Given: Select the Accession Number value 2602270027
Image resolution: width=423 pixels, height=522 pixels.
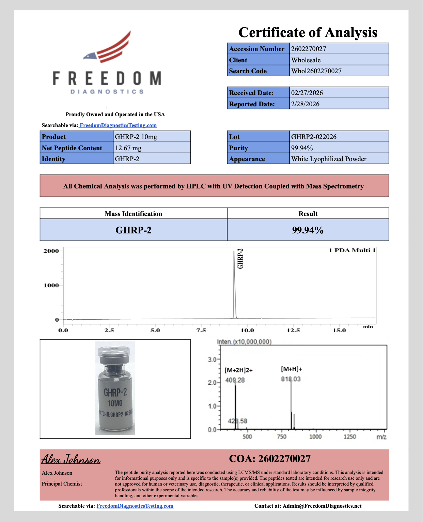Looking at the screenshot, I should [309, 49].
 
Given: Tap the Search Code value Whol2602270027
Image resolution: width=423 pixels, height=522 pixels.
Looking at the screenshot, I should [316, 71].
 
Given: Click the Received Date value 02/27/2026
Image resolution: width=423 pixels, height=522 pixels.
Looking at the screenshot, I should [307, 93].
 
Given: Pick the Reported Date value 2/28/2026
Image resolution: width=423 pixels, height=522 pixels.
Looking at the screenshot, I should [305, 104].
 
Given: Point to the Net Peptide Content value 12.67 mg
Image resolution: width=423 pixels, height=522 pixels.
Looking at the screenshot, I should [128, 148].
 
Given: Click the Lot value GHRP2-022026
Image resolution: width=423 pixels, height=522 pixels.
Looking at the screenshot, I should [314, 137].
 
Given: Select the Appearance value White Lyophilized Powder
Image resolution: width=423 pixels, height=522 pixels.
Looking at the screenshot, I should [329, 159].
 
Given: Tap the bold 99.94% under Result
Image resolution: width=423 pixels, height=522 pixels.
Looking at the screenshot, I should [308, 230].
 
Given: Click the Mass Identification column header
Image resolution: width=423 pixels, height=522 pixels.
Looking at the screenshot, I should [133, 214].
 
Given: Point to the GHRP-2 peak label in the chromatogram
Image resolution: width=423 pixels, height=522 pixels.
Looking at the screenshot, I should [240, 259].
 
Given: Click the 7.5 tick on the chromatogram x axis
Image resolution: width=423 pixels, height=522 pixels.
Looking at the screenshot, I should [201, 330].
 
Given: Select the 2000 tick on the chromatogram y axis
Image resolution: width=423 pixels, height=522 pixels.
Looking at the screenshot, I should [51, 251].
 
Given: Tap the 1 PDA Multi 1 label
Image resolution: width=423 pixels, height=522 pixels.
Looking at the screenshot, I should [352, 250].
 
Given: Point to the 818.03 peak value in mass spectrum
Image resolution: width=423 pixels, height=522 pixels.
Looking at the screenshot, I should [291, 379].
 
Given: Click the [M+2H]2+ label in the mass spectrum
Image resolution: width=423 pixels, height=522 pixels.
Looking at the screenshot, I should [238, 370].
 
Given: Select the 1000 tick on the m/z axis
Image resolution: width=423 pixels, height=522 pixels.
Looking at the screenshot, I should [315, 436].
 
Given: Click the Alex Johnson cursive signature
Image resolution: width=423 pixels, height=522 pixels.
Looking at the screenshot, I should [71, 459].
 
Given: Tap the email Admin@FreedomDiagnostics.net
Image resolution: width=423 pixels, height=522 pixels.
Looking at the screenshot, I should [322, 506].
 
